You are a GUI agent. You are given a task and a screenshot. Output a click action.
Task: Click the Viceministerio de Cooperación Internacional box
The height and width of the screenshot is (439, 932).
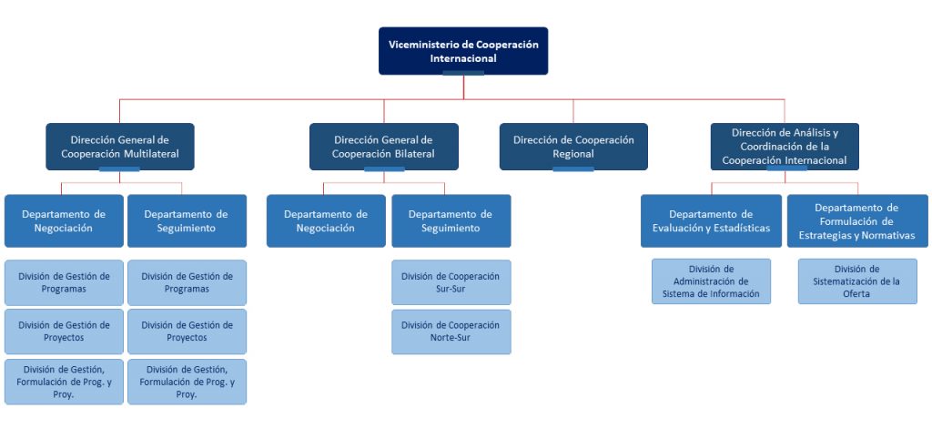[463, 51]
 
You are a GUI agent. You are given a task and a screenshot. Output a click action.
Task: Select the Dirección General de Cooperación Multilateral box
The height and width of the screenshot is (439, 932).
[120, 147]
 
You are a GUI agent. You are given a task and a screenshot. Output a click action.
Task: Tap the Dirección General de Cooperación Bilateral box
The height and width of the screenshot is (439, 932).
[383, 147]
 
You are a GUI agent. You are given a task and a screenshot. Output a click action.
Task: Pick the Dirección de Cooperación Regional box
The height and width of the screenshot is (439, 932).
[573, 147]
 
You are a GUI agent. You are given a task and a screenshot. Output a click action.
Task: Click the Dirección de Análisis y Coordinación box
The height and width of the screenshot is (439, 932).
[785, 147]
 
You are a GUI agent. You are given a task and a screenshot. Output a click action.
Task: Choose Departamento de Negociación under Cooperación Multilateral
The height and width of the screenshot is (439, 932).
[64, 221]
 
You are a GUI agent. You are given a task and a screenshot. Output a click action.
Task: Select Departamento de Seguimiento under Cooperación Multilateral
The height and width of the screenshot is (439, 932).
[187, 221]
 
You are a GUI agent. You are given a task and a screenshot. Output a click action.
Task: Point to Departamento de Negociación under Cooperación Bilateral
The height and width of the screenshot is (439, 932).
[326, 221]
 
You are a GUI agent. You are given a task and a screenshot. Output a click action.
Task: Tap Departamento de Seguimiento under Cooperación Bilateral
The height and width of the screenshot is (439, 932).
[451, 221]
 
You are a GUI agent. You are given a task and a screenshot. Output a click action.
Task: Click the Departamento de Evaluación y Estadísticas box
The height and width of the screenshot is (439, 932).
[711, 221]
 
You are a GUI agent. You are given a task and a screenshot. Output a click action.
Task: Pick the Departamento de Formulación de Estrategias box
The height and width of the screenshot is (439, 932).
[856, 221]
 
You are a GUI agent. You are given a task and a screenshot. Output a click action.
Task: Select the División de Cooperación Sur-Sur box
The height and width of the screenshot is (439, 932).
[451, 282]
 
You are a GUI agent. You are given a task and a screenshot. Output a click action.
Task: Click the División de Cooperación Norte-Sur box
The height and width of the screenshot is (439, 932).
[451, 332]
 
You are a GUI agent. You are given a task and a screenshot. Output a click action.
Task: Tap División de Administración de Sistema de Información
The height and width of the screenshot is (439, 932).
[711, 281]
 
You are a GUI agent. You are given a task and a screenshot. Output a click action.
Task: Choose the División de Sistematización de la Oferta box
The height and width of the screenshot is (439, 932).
[856, 281]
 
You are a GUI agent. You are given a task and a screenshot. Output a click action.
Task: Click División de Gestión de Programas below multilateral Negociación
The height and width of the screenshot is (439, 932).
[64, 282]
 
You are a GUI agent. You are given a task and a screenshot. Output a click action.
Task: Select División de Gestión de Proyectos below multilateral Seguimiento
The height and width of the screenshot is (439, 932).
[187, 332]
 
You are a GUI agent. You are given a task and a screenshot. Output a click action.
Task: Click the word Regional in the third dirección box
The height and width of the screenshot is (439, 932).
[573, 154]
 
